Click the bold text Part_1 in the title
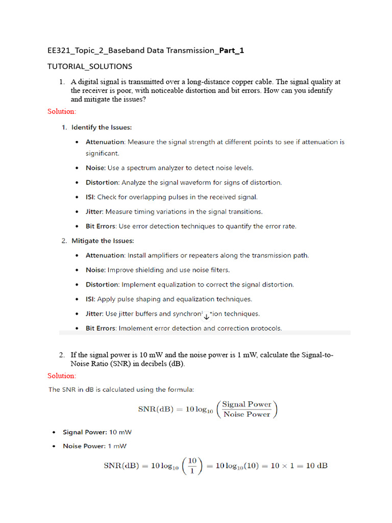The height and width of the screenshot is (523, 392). pos(231,50)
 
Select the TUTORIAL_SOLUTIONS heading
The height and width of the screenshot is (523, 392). pos(89,66)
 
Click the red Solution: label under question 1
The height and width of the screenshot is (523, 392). pos(62,111)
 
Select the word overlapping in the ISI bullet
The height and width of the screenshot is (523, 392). pos(147,197)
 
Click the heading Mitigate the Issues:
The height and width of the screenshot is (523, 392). pos(103,241)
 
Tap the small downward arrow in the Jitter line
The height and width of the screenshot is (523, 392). pos(206,316)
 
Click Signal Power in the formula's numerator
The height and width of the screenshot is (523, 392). pos(247,405)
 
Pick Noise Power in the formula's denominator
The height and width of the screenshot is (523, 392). pos(247,415)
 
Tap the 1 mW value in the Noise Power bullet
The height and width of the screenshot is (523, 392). pos(117,446)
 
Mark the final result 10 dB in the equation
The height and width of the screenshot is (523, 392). pos(316,466)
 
